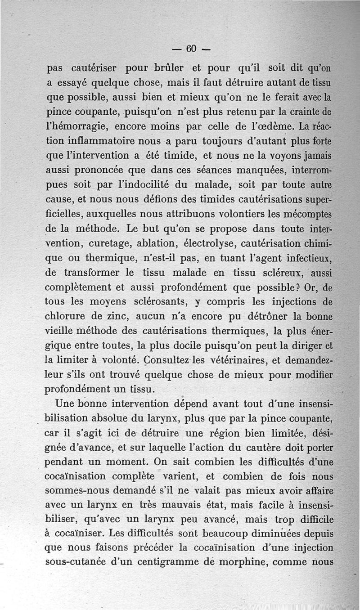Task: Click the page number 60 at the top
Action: [192, 48]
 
